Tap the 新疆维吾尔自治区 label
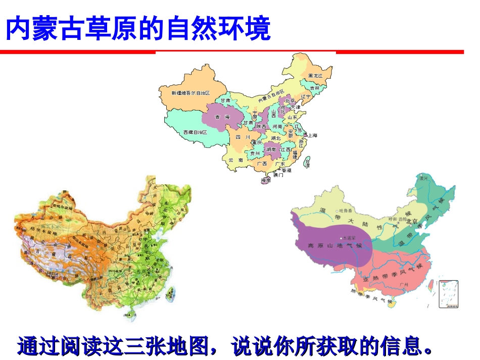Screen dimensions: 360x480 tap(190, 93)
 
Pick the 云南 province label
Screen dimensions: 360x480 tap(236, 160)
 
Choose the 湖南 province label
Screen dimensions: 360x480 tap(270, 149)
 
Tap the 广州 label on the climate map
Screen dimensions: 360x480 tap(403, 285)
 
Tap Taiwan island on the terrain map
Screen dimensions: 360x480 tap(170, 294)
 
